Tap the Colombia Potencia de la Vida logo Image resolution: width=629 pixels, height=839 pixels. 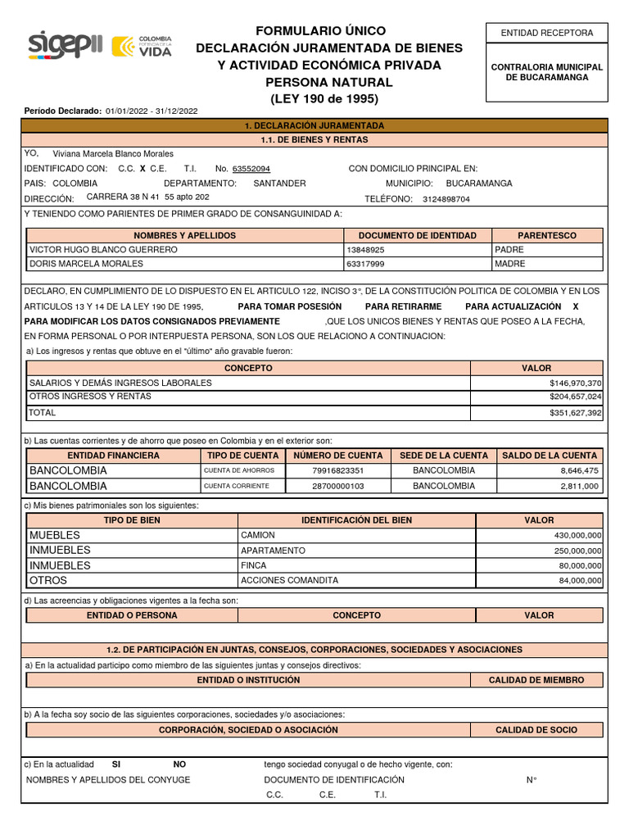pyautogui.click(x=142, y=47)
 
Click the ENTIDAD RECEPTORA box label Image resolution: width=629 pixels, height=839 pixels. pyautogui.click(x=547, y=33)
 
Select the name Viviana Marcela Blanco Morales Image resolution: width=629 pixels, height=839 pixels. pyautogui.click(x=113, y=153)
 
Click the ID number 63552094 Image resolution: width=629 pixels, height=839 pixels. pyautogui.click(x=251, y=169)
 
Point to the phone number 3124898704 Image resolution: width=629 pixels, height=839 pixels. pyautogui.click(x=446, y=199)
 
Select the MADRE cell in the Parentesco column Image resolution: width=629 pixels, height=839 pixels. pyautogui.click(x=510, y=264)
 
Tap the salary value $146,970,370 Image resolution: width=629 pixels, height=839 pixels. pyautogui.click(x=575, y=383)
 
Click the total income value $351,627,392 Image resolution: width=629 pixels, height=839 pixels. pyautogui.click(x=575, y=414)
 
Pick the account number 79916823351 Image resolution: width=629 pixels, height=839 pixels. pyautogui.click(x=337, y=471)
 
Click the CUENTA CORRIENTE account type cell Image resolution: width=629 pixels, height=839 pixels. pyautogui.click(x=236, y=486)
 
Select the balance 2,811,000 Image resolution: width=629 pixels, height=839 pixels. pyautogui.click(x=579, y=486)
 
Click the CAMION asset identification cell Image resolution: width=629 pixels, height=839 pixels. pyautogui.click(x=258, y=535)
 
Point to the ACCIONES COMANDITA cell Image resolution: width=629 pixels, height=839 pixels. pyautogui.click(x=289, y=580)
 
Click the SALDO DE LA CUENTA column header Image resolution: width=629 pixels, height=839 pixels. pyautogui.click(x=550, y=456)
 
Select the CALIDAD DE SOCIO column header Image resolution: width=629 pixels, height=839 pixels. pyautogui.click(x=536, y=729)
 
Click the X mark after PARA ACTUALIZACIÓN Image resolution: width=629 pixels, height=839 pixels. pyautogui.click(x=575, y=306)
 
